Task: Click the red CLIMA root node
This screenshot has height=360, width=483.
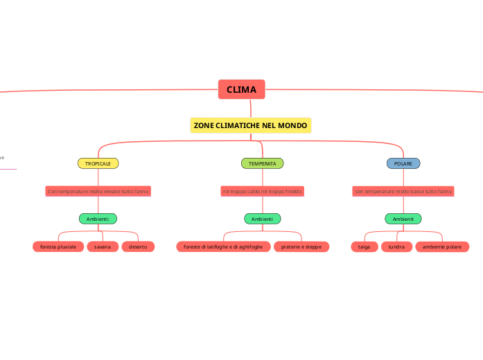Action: (x=241, y=90)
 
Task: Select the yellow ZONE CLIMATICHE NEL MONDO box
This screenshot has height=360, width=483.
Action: (x=250, y=125)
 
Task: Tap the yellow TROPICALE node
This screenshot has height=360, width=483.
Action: (x=98, y=163)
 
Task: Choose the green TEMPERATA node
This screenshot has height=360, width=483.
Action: (x=262, y=163)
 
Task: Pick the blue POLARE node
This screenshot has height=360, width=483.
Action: (x=403, y=163)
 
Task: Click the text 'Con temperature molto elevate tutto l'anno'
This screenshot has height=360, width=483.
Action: (x=98, y=191)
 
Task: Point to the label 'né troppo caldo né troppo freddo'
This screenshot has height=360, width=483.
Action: (x=262, y=191)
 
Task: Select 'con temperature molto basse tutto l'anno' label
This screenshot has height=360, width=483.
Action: (x=403, y=191)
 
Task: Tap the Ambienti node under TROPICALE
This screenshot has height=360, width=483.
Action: (x=98, y=219)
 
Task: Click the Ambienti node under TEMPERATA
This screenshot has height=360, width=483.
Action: (x=262, y=219)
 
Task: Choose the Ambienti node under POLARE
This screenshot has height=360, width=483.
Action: (x=403, y=219)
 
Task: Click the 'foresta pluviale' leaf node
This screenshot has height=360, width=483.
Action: (x=58, y=246)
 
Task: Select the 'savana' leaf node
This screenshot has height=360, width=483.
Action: (x=103, y=246)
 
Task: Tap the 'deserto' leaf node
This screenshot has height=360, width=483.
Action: (x=138, y=246)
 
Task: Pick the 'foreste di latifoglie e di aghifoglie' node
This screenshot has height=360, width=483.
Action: (x=222, y=246)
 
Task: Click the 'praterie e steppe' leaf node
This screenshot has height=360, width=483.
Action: (x=301, y=246)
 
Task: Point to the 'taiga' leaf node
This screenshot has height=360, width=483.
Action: (x=364, y=246)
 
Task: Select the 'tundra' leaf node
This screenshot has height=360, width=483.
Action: (x=396, y=246)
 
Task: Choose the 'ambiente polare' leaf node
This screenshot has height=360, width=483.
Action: (x=442, y=246)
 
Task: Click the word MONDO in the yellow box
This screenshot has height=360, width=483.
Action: (x=292, y=125)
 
